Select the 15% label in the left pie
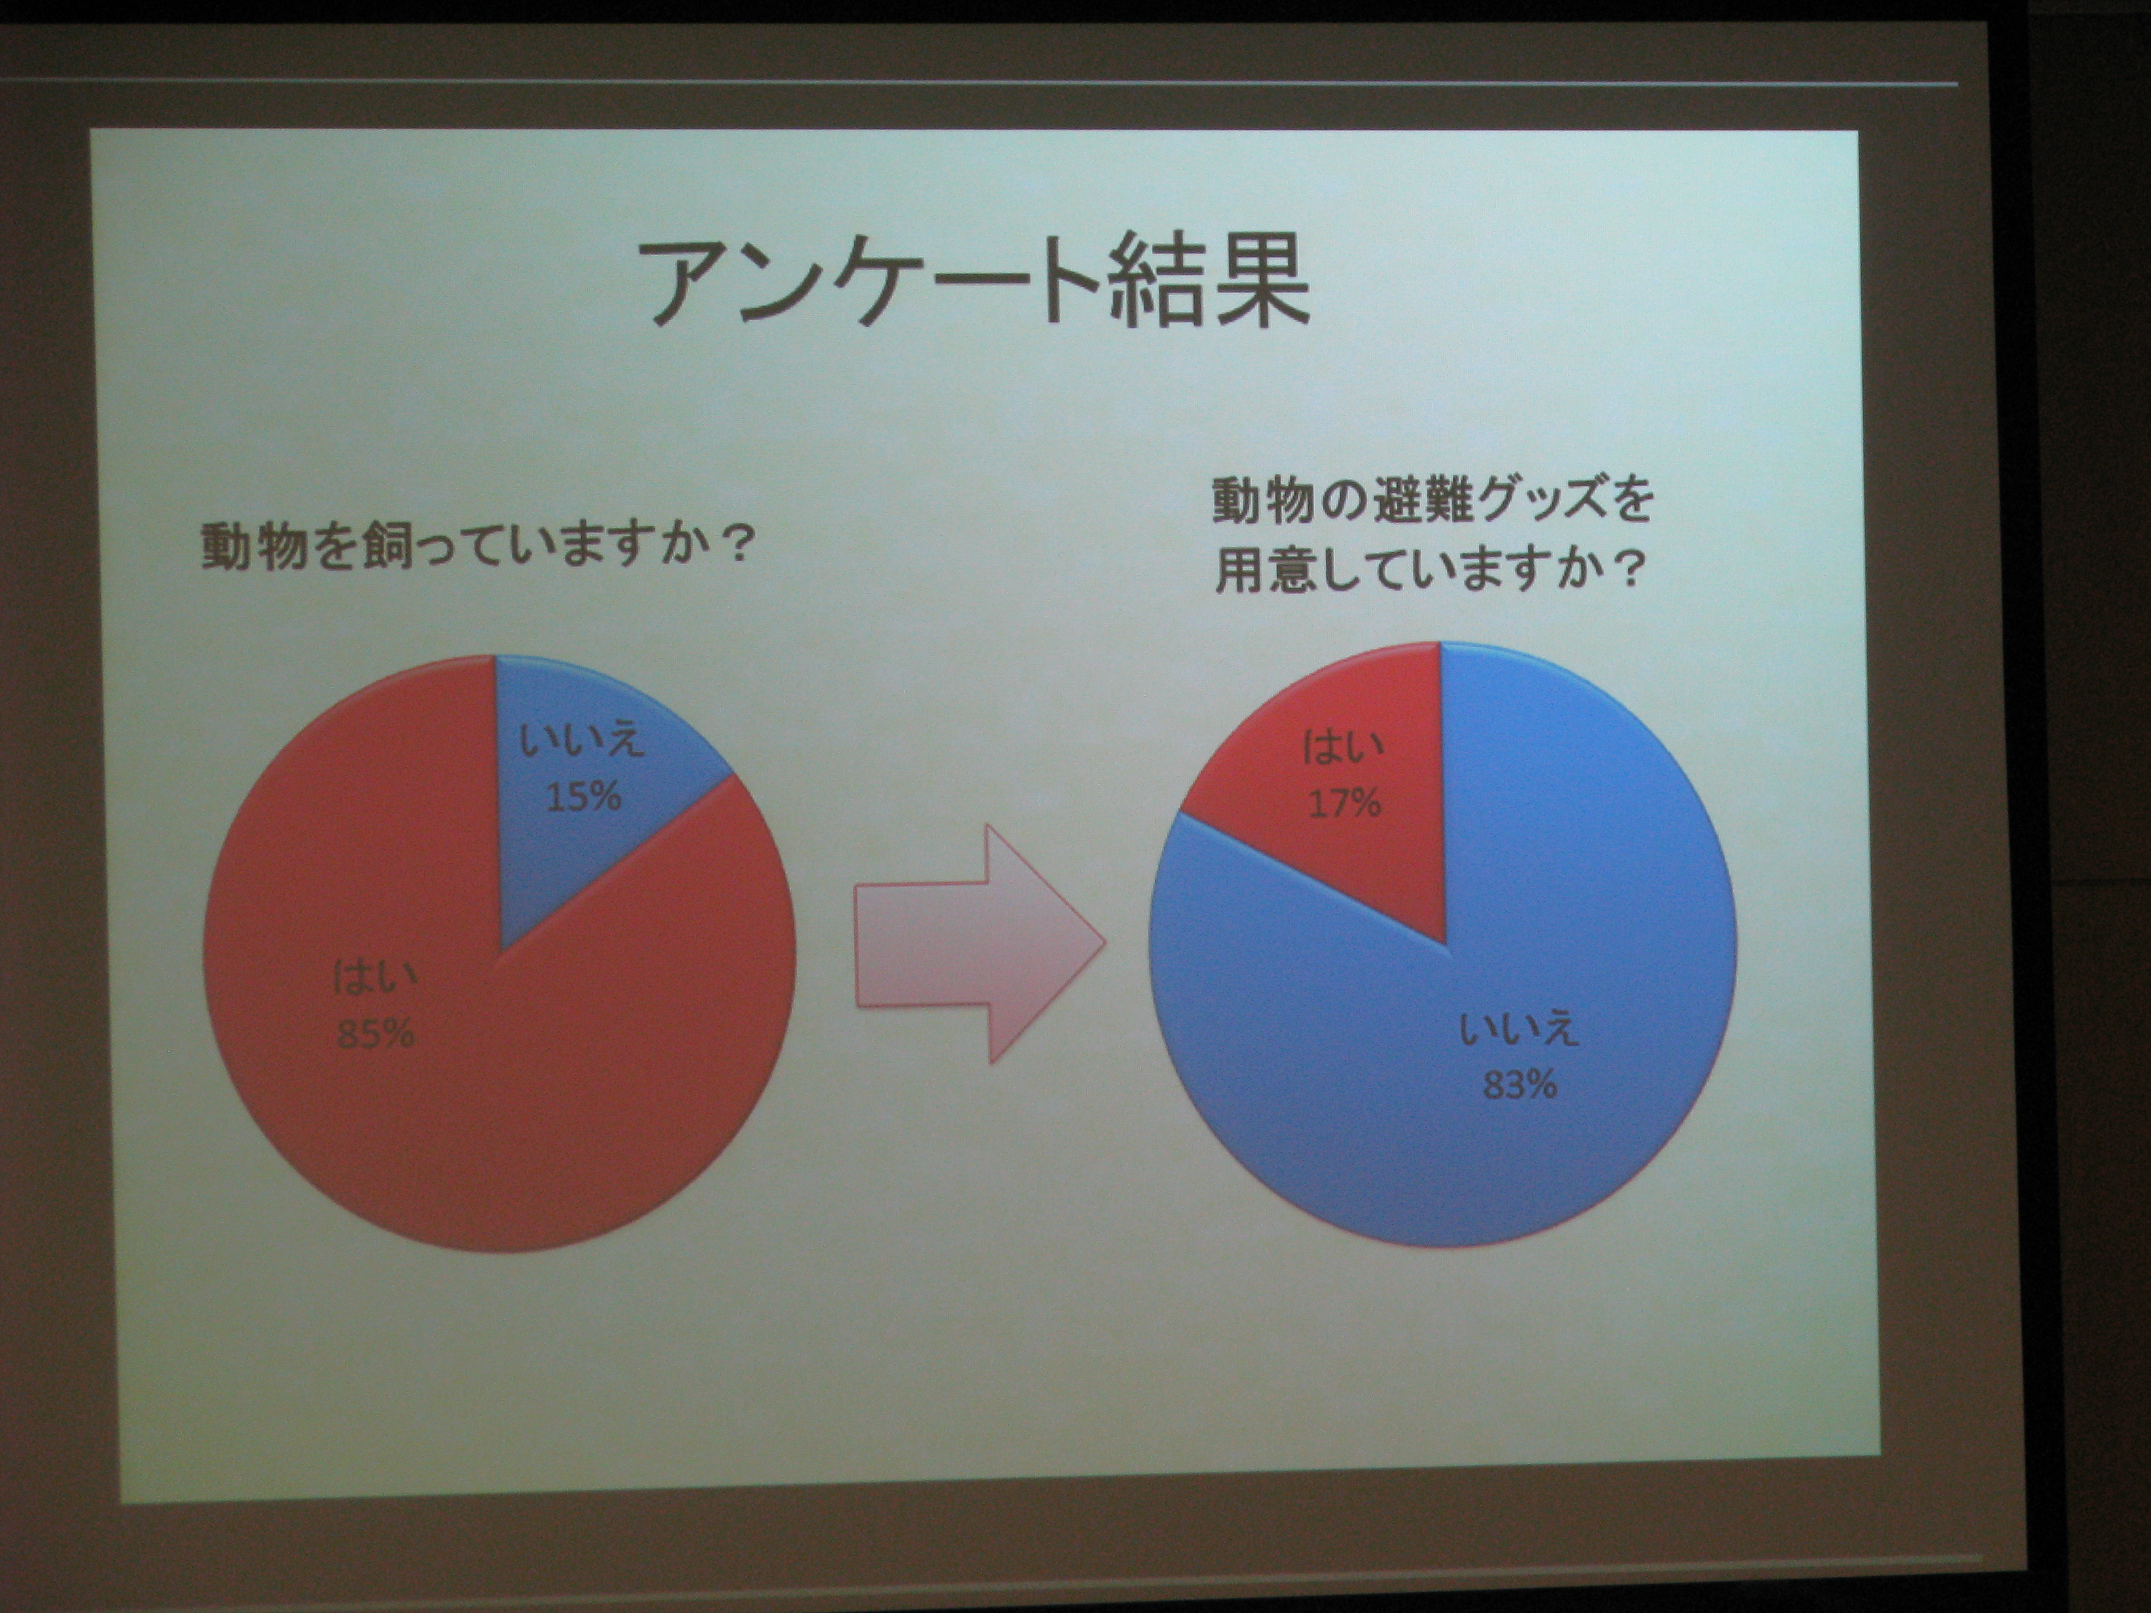click(x=583, y=797)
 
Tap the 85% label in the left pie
click(x=376, y=1033)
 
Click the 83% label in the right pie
click(x=1520, y=1084)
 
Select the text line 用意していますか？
click(x=1429, y=569)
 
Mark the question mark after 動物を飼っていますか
click(x=737, y=546)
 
